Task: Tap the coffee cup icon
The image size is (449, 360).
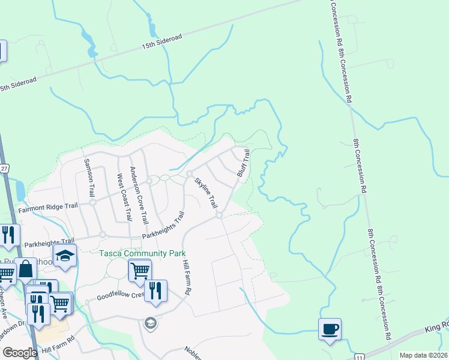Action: (x=330, y=328)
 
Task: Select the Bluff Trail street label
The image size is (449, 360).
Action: (x=243, y=163)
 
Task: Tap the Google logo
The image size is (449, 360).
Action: (x=19, y=353)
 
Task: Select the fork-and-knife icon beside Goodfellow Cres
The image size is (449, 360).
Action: (x=155, y=290)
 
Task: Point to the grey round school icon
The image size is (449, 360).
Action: (x=150, y=324)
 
